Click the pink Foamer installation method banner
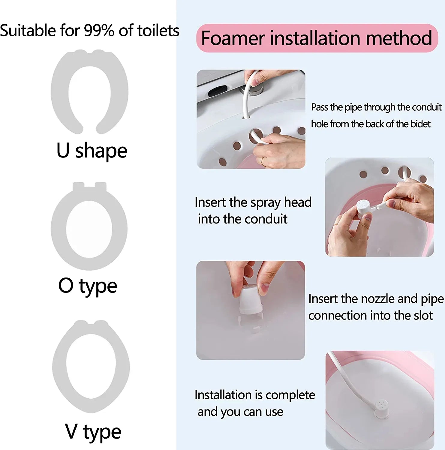tap(317, 38)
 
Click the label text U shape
tap(92, 151)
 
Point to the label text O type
tap(88, 286)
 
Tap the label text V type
tap(93, 432)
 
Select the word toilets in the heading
tap(158, 31)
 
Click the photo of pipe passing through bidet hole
tap(251, 119)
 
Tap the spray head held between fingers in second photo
tap(364, 207)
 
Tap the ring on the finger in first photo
tap(262, 161)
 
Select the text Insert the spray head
tap(253, 202)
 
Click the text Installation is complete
tap(255, 395)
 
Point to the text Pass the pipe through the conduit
tap(376, 107)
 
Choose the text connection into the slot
tap(370, 316)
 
